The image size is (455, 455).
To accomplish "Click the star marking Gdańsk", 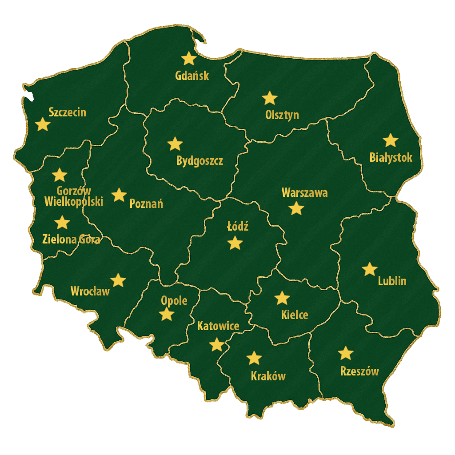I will pyautogui.click(x=189, y=58).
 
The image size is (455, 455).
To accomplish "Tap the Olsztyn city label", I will pyautogui.click(x=282, y=115).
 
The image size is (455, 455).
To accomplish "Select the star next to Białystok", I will pyautogui.click(x=391, y=140).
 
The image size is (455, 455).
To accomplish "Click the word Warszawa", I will pyautogui.click(x=305, y=193).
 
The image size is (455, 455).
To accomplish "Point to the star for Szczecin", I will pyautogui.click(x=43, y=124).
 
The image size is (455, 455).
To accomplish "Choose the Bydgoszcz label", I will pyautogui.click(x=200, y=160).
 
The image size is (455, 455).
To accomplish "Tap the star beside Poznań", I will pyautogui.click(x=119, y=195).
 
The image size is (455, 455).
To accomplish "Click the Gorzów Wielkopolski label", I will pyautogui.click(x=74, y=196).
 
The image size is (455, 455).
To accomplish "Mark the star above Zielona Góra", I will pyautogui.click(x=63, y=222).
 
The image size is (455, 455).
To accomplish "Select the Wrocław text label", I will pyautogui.click(x=90, y=291).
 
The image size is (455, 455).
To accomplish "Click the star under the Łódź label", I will pyautogui.click(x=235, y=243).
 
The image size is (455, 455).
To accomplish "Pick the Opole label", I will pyautogui.click(x=174, y=301).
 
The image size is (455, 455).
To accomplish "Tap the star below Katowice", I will pyautogui.click(x=216, y=344).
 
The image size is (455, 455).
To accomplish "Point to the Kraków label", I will pyautogui.click(x=268, y=376).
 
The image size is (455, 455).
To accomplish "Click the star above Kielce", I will pyautogui.click(x=282, y=298).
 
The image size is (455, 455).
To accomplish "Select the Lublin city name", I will pyautogui.click(x=392, y=281).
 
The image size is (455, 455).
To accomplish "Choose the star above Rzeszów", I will pyautogui.click(x=346, y=353).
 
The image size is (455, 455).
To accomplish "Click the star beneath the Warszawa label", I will pyautogui.click(x=296, y=208).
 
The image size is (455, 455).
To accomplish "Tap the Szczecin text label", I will pyautogui.click(x=67, y=112).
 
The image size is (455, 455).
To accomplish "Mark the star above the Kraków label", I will pyautogui.click(x=254, y=358).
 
